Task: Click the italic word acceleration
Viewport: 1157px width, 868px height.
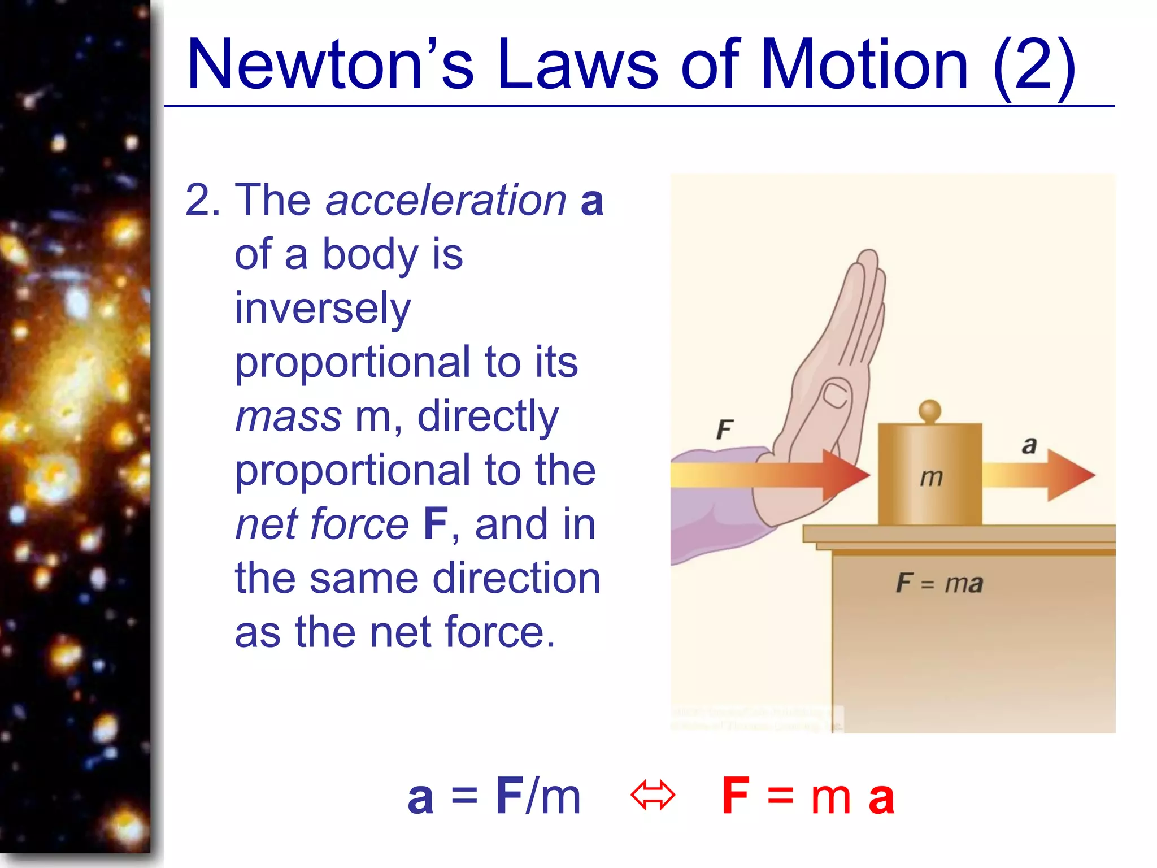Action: click(x=446, y=200)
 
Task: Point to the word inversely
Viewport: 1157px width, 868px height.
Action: click(x=323, y=309)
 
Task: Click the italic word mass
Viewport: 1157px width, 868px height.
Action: click(x=288, y=416)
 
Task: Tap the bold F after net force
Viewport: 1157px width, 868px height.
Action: click(x=436, y=524)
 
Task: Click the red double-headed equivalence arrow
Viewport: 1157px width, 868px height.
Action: click(x=653, y=796)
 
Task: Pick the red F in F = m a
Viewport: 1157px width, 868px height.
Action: click(x=736, y=796)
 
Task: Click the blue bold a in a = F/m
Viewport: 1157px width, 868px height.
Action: click(x=421, y=798)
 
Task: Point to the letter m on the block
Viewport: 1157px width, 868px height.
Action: click(x=931, y=478)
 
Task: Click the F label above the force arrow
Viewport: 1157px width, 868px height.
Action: click(x=725, y=429)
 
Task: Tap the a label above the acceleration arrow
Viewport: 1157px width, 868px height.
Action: click(x=1029, y=445)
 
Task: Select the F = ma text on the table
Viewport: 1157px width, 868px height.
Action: click(x=939, y=583)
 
